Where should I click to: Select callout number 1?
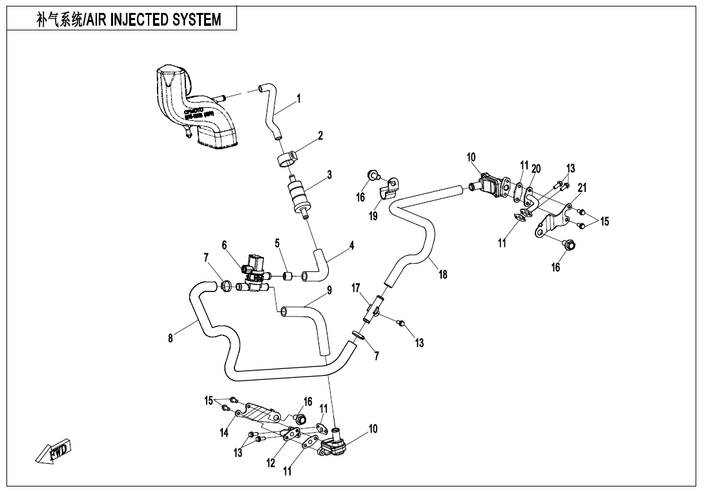298,99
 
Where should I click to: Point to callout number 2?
320,136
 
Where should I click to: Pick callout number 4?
351,245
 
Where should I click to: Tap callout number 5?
277,244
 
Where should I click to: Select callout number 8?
171,339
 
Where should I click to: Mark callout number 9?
329,291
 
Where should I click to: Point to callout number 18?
443,275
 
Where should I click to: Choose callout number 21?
582,188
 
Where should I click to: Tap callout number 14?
224,433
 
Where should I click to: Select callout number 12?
271,463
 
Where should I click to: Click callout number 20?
536,169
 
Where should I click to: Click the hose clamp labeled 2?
287,157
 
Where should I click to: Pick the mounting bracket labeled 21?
551,223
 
